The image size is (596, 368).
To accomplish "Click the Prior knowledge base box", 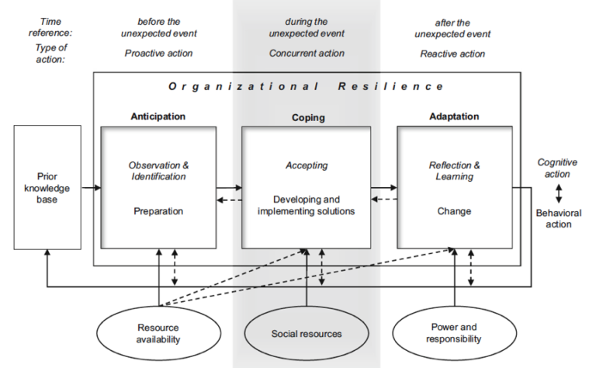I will click(47, 187).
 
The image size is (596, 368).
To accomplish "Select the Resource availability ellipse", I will click(158, 333).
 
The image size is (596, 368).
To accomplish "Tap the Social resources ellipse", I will click(307, 334).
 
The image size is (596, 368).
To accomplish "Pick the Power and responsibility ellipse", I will click(454, 333).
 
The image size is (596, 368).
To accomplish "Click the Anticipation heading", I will click(159, 116).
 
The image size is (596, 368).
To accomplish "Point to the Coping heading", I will click(307, 118).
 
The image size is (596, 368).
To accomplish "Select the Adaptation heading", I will click(454, 116).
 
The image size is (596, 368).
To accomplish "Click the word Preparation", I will click(158, 210).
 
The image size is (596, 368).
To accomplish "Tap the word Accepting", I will click(307, 165).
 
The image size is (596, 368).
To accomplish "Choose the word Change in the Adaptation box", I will click(454, 210).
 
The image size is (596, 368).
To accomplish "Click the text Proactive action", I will click(158, 54).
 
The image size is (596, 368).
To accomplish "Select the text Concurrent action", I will click(307, 54).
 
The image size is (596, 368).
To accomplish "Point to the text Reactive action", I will click(452, 54).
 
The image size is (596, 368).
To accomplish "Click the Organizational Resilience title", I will click(307, 86).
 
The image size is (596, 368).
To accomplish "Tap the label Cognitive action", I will click(557, 168).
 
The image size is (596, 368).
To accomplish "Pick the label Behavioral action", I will click(554, 218).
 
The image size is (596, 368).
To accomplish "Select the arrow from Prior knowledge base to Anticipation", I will click(91, 187).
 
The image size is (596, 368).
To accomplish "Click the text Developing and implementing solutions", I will click(307, 205).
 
